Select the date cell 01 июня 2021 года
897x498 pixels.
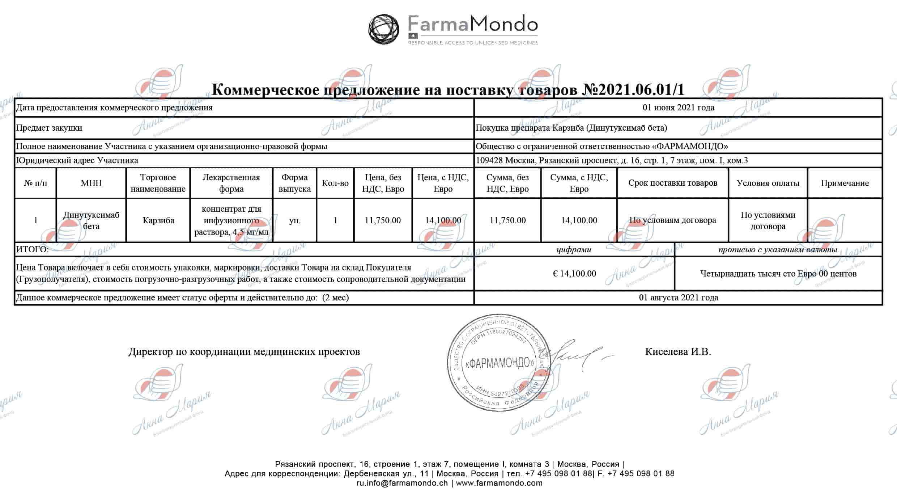pyautogui.click(x=678, y=107)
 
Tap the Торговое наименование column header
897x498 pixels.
pyautogui.click(x=158, y=183)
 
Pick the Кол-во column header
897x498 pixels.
pyautogui.click(x=335, y=183)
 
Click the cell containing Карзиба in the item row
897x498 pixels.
pyautogui.click(x=158, y=220)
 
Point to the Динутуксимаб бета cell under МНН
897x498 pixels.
pyautogui.click(x=91, y=220)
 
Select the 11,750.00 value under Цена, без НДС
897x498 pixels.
pyautogui.click(x=383, y=220)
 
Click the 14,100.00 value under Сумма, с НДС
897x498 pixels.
pyautogui.click(x=579, y=220)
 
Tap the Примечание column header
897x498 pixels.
pyautogui.click(x=845, y=183)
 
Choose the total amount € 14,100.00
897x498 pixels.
pyautogui.click(x=574, y=274)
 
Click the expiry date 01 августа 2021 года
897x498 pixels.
pyautogui.click(x=679, y=297)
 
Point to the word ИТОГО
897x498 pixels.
pyautogui.click(x=32, y=249)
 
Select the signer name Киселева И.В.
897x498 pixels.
pyautogui.click(x=678, y=352)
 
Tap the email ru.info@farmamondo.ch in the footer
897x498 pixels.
pyautogui.click(x=402, y=483)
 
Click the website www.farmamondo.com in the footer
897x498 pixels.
pyautogui.click(x=499, y=483)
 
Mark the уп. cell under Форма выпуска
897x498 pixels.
pyautogui.click(x=295, y=220)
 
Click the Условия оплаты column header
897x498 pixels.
pyautogui.click(x=768, y=183)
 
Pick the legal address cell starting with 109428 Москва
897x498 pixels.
pyautogui.click(x=611, y=160)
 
